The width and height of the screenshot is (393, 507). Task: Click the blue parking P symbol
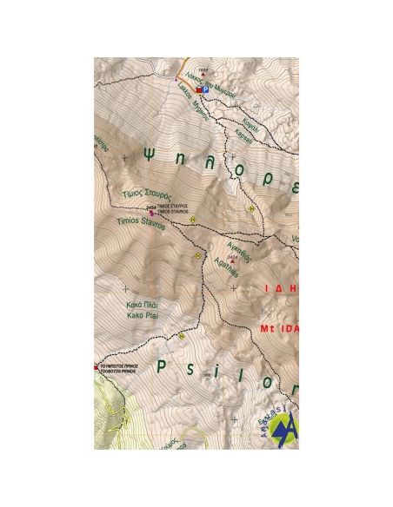click(204, 89)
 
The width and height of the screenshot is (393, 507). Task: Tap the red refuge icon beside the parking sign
click(197, 89)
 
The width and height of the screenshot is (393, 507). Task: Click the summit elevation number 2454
click(150, 207)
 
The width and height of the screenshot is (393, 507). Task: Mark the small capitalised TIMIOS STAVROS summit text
click(172, 212)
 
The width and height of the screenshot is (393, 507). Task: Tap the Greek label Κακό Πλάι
click(143, 307)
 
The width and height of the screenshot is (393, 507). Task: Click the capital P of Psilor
click(162, 366)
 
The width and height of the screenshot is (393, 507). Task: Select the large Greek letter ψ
click(150, 156)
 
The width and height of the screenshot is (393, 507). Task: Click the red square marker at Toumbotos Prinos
click(97, 367)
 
